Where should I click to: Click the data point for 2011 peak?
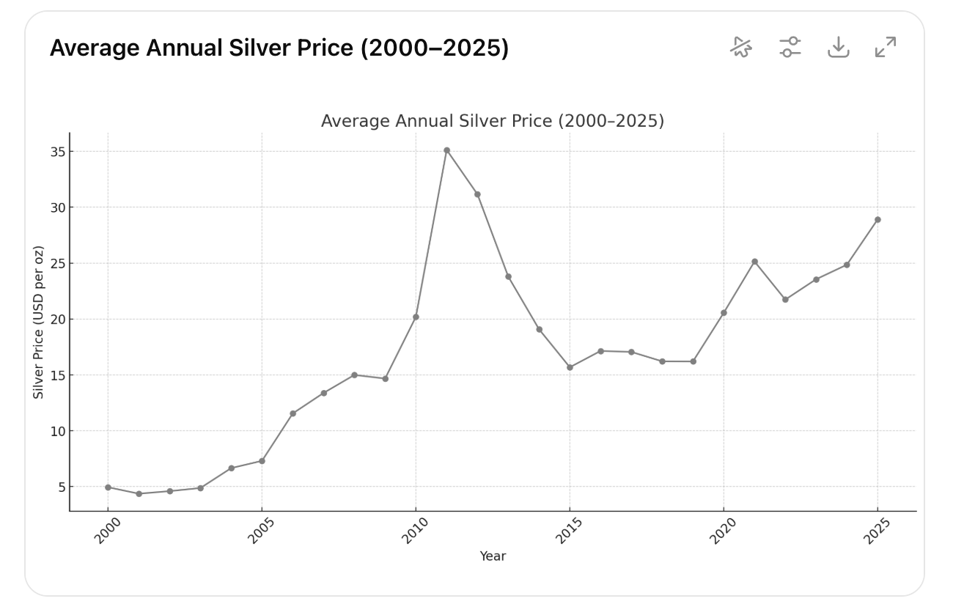pyautogui.click(x=446, y=150)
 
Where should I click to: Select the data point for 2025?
pyautogui.click(x=877, y=219)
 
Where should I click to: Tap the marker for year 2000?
pyautogui.click(x=108, y=487)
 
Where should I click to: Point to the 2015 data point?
pyautogui.click(x=570, y=367)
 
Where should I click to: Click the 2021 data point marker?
pyautogui.click(x=755, y=262)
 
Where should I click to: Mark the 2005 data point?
pyautogui.click(x=262, y=461)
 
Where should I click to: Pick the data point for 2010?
pyautogui.click(x=416, y=317)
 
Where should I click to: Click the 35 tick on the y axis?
pyautogui.click(x=58, y=152)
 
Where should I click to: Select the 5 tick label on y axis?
pyautogui.click(x=62, y=487)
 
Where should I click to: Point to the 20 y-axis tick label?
pyautogui.click(x=58, y=320)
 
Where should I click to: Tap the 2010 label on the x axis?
pyautogui.click(x=414, y=531)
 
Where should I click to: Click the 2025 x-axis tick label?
pyautogui.click(x=877, y=531)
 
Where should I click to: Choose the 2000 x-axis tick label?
pyautogui.click(x=107, y=531)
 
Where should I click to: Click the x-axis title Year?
pyautogui.click(x=493, y=556)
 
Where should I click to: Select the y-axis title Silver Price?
pyautogui.click(x=38, y=322)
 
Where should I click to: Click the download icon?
pyautogui.click(x=838, y=47)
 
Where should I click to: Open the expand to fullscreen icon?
pyautogui.click(x=886, y=47)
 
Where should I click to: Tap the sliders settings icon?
pyautogui.click(x=790, y=47)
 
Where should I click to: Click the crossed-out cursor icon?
pyautogui.click(x=741, y=47)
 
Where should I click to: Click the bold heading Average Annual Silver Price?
pyautogui.click(x=279, y=48)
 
